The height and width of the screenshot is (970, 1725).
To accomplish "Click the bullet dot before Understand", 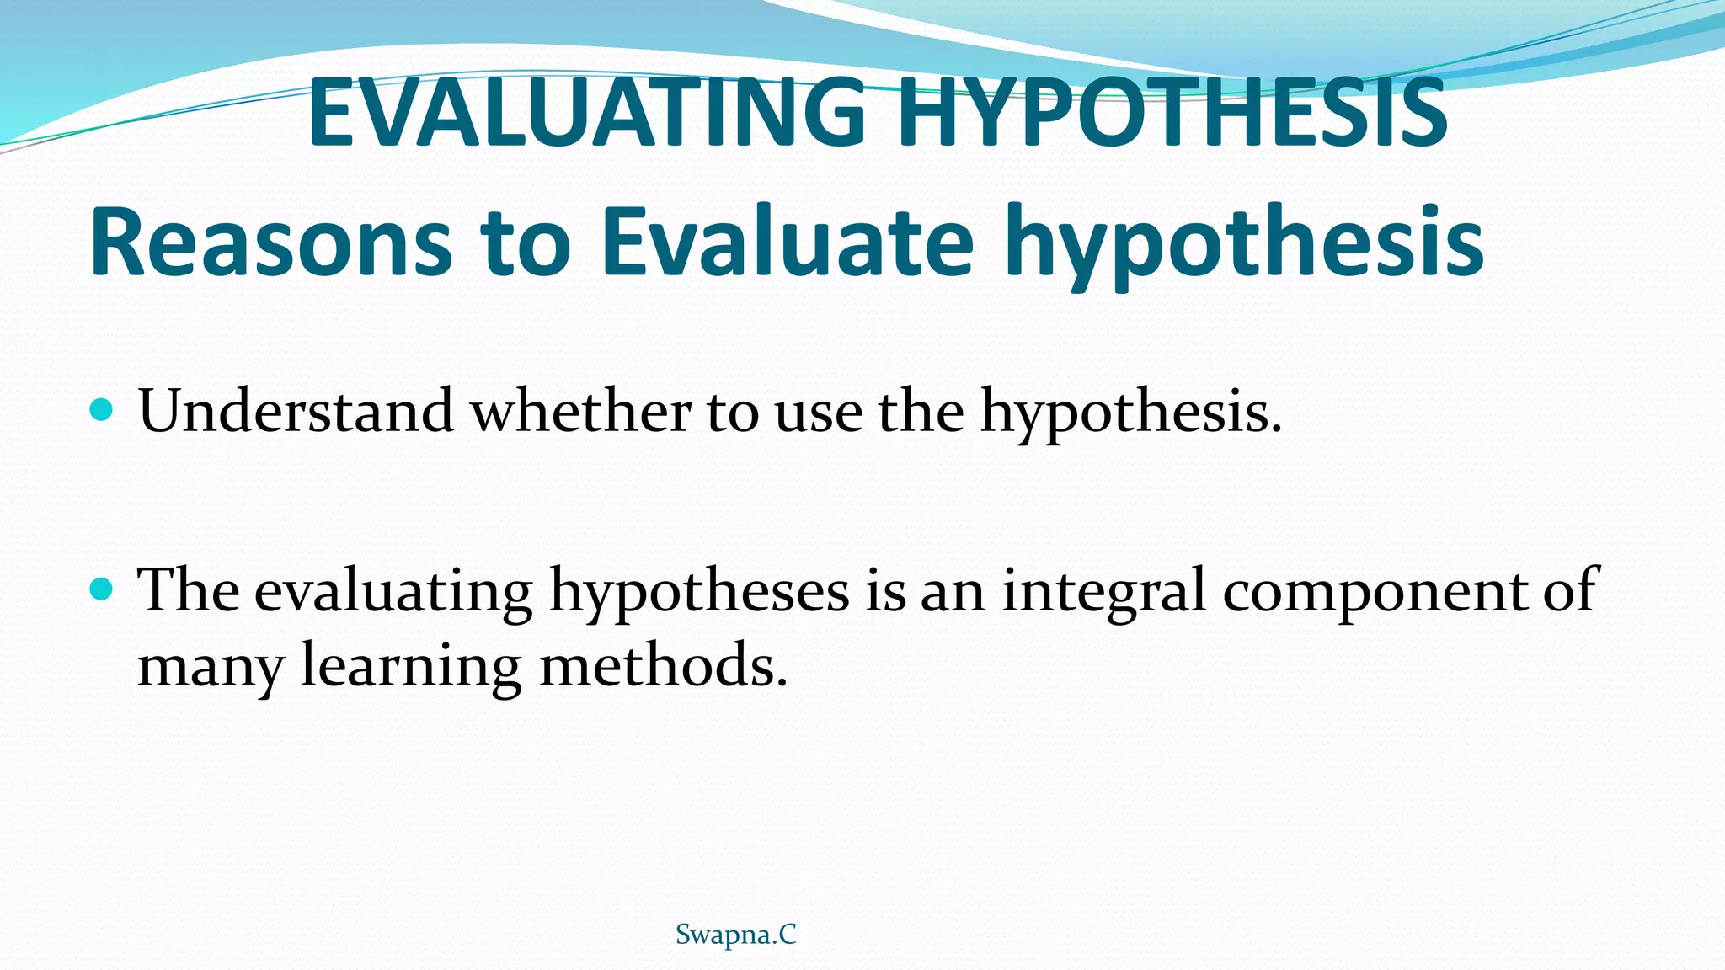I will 100,411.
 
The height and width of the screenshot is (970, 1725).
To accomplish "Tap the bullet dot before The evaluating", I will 100,589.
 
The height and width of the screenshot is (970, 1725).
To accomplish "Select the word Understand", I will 296,412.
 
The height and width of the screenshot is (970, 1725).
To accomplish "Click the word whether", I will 580,412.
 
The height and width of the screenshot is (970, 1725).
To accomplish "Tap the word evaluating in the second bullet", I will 393,591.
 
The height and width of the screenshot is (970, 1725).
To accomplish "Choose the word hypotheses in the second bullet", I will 700,591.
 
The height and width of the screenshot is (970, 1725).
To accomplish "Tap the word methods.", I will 662,665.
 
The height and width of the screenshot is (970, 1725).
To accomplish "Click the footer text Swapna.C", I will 736,935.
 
